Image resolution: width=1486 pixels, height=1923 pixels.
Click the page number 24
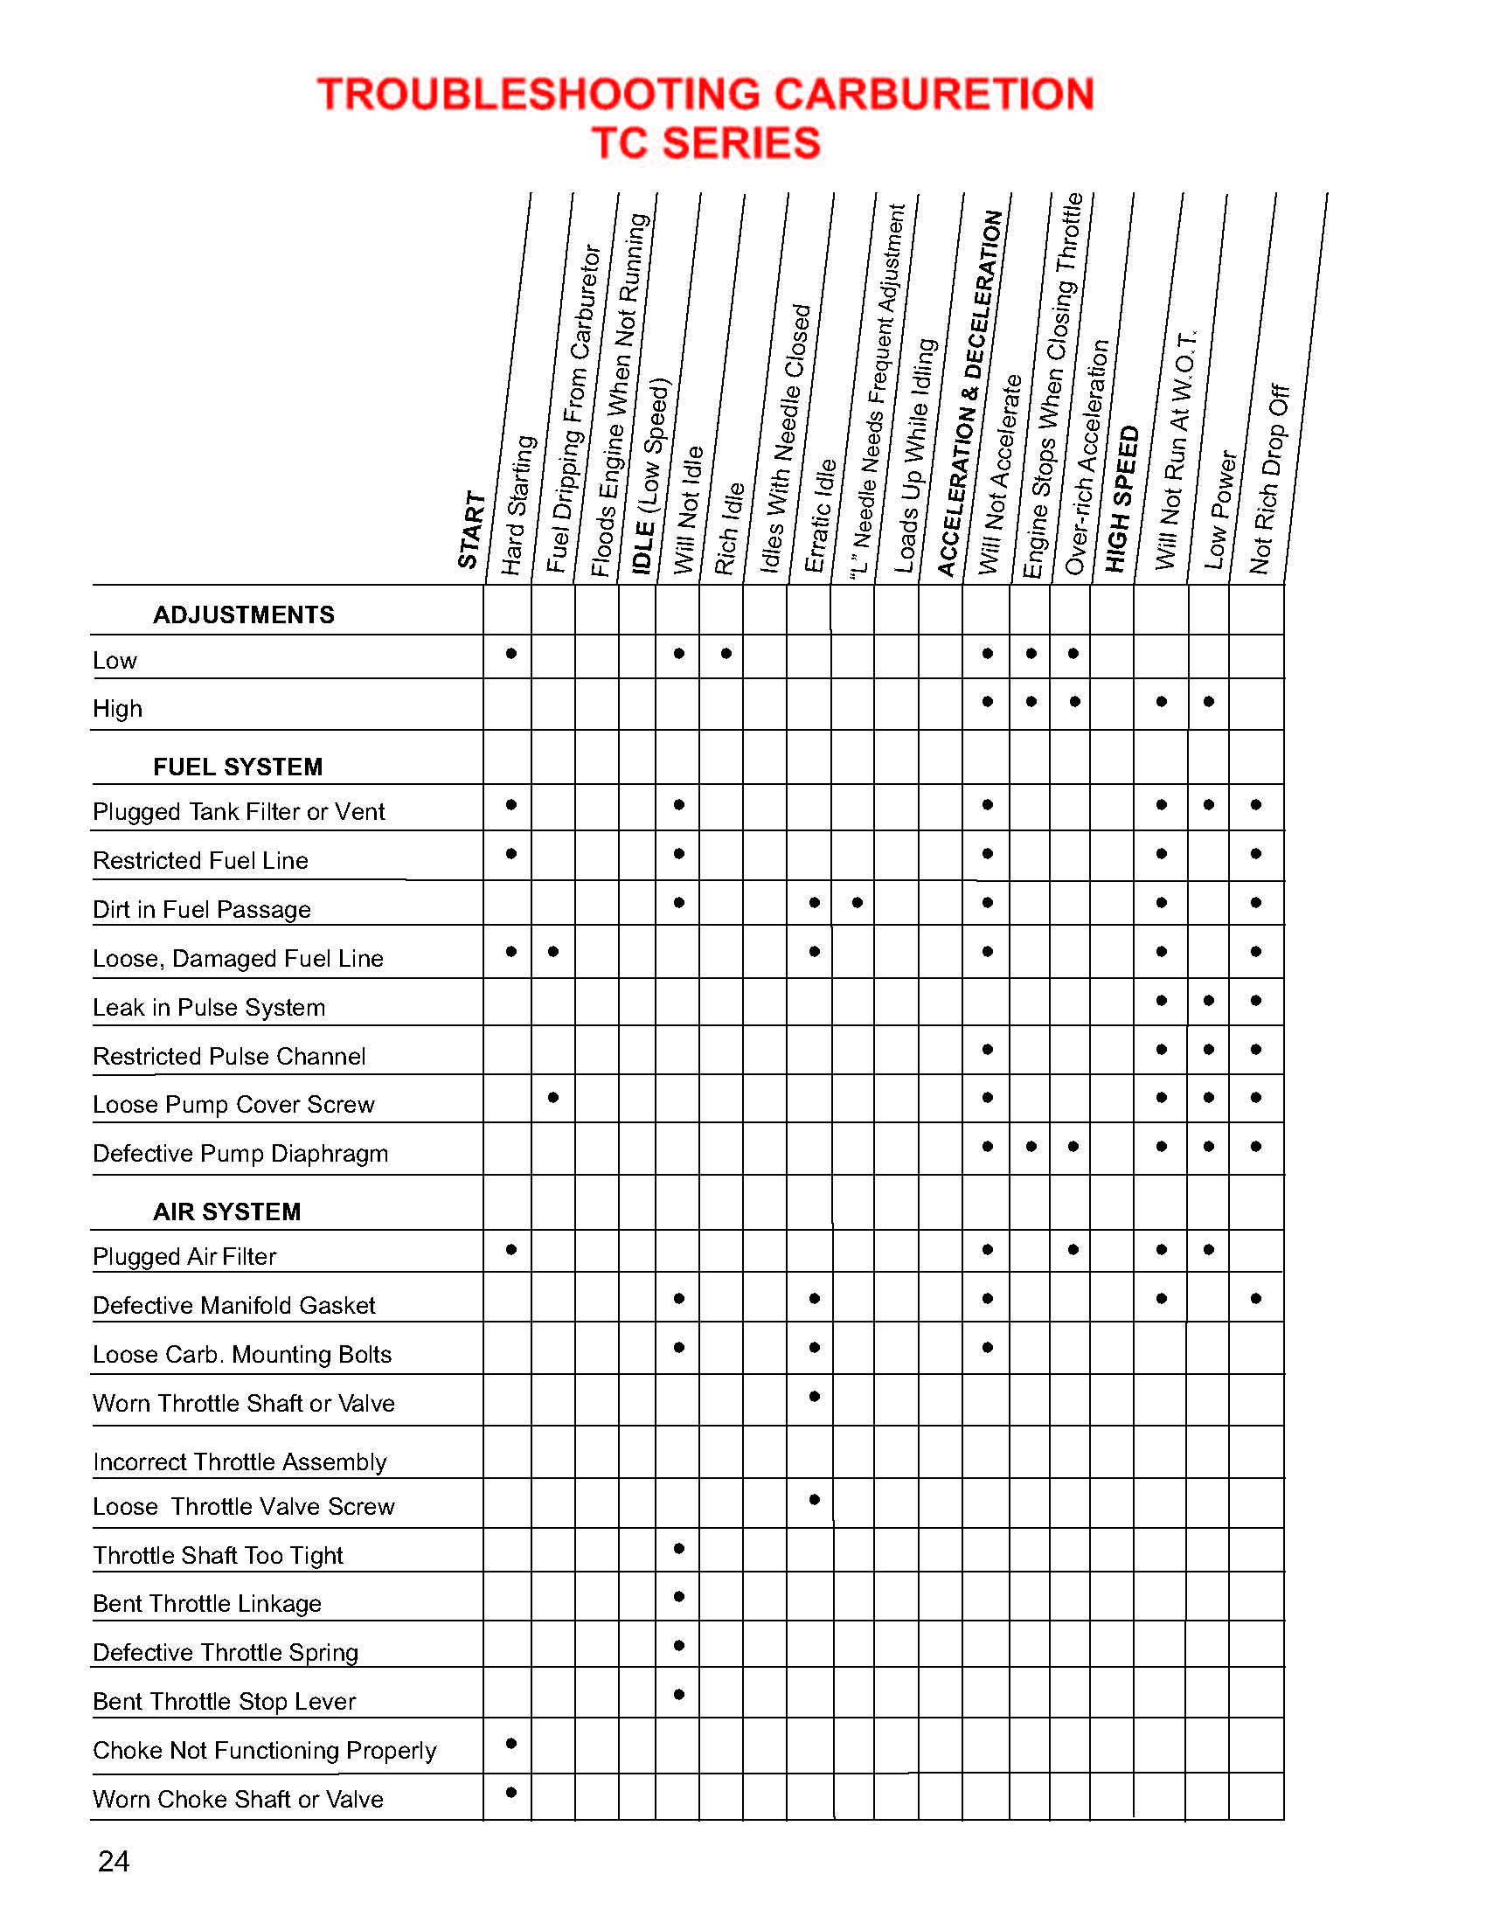pyautogui.click(x=114, y=1861)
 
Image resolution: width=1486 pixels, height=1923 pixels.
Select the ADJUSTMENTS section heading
pyautogui.click(x=243, y=614)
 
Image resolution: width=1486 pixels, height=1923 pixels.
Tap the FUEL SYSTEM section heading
pyautogui.click(x=238, y=767)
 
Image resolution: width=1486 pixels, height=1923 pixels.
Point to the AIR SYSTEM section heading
pyautogui.click(x=226, y=1211)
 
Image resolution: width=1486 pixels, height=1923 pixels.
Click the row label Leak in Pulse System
pyautogui.click(x=209, y=1007)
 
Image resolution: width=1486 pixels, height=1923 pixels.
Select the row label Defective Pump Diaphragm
pyautogui.click(x=240, y=1154)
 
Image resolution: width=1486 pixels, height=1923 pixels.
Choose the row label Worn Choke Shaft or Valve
pyautogui.click(x=238, y=1799)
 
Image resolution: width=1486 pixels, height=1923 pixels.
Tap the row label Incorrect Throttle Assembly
pyautogui.click(x=240, y=1461)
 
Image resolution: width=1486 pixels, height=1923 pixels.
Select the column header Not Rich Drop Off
pyautogui.click(x=1269, y=480)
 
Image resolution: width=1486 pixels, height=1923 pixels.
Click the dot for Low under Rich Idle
pyautogui.click(x=726, y=653)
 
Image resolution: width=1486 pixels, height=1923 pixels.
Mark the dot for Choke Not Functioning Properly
pyautogui.click(x=511, y=1744)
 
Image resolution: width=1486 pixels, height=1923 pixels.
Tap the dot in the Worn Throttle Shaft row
pyautogui.click(x=815, y=1397)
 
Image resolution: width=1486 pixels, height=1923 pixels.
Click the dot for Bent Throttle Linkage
pyautogui.click(x=678, y=1596)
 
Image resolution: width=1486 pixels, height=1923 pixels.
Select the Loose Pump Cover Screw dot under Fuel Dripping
pyautogui.click(x=552, y=1097)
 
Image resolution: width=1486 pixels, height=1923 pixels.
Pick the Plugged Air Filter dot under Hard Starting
pyautogui.click(x=511, y=1249)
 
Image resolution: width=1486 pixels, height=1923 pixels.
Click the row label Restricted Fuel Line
pyautogui.click(x=201, y=860)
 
